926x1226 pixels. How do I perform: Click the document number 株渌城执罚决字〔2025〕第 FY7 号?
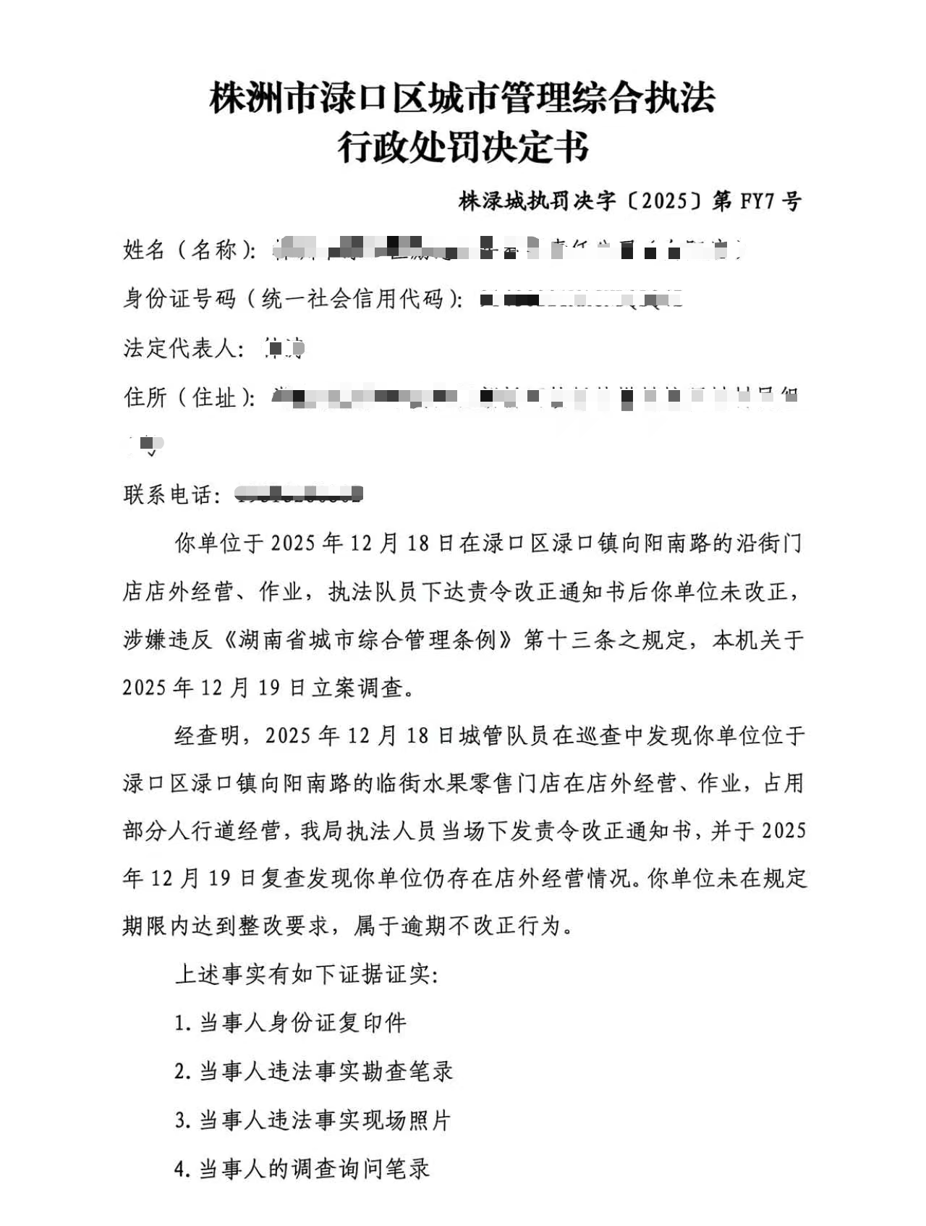[x=629, y=201]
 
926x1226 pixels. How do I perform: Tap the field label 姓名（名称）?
[x=190, y=250]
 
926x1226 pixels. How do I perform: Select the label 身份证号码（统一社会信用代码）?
[x=293, y=298]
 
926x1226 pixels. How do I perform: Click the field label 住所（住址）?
[x=190, y=397]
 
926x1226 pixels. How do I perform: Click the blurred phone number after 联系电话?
[x=300, y=495]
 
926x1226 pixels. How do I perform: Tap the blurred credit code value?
[x=582, y=298]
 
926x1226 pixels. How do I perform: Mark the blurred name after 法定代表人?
[x=284, y=349]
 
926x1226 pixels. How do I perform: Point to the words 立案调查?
[x=357, y=688]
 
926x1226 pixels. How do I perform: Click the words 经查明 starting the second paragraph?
[x=208, y=736]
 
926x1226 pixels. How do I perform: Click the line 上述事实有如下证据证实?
[x=307, y=974]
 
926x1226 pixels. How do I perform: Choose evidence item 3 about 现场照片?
[x=313, y=1120]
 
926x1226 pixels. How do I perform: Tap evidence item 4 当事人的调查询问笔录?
[x=302, y=1169]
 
